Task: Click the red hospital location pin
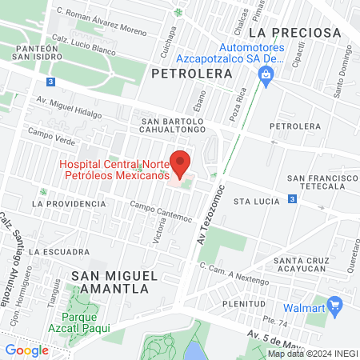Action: pyautogui.click(x=181, y=162)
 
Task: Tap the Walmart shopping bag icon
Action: pyautogui.click(x=335, y=304)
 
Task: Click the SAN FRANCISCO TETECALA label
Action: pyautogui.click(x=318, y=182)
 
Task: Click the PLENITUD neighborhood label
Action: pyautogui.click(x=244, y=305)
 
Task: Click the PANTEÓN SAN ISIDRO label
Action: pyautogui.click(x=36, y=53)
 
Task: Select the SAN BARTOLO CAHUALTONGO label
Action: pyautogui.click(x=172, y=127)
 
